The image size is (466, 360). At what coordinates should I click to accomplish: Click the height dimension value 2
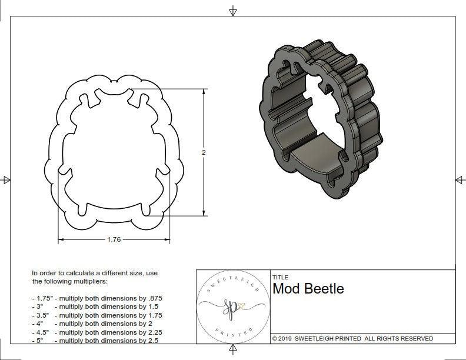[204, 152]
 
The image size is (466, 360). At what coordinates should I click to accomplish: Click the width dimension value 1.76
[114, 239]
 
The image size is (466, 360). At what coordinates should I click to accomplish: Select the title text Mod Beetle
[308, 289]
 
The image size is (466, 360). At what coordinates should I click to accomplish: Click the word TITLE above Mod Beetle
[280, 277]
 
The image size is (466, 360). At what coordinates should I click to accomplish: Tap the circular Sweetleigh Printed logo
[232, 306]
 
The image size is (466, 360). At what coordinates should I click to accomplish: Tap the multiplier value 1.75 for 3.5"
[152, 315]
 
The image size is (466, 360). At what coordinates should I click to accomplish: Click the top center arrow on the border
[233, 11]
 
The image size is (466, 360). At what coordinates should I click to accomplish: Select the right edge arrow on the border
[460, 179]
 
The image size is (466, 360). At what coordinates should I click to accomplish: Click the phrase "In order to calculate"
[66, 273]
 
